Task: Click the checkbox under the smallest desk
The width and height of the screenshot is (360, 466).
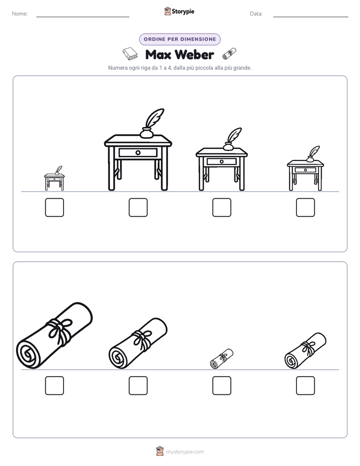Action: [54, 207]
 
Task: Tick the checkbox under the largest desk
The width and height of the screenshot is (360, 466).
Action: [138, 207]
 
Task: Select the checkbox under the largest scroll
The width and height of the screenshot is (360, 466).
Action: [54, 386]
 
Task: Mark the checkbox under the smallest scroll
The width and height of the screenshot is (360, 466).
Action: [221, 386]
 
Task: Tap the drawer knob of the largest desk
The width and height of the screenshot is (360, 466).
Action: [138, 153]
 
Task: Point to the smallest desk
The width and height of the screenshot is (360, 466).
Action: [54, 179]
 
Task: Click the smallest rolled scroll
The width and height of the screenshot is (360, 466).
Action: [221, 359]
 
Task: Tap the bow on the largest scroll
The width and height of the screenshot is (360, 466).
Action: [61, 330]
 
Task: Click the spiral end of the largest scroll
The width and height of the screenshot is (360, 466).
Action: [28, 354]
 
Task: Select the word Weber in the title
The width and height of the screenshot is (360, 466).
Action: [194, 54]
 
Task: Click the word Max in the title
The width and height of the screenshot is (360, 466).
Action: [158, 54]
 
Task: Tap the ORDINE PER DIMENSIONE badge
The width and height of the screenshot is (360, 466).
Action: [179, 39]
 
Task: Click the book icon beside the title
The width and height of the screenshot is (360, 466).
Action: [130, 53]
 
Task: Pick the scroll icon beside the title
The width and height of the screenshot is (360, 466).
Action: [229, 53]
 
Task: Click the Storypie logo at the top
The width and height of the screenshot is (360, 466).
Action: [179, 11]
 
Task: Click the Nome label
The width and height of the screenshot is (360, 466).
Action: [20, 14]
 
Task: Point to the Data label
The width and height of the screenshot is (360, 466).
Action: [256, 14]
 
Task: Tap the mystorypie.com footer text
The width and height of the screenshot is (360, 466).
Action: [185, 452]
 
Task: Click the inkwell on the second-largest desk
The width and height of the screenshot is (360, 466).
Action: [228, 146]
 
